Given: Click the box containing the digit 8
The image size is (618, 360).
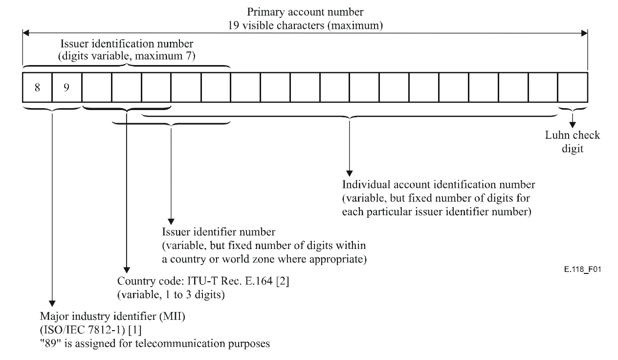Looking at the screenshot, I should tap(37, 87).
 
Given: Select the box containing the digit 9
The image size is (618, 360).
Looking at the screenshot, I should tap(67, 87).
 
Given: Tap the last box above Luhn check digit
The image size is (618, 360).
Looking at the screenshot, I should tap(573, 87).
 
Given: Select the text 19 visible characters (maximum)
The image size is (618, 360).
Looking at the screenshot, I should tap(305, 22).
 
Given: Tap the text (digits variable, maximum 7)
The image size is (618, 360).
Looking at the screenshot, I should tap(127, 56).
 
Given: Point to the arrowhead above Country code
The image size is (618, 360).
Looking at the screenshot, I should tap(127, 270).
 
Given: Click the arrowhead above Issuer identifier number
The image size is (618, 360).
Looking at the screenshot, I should tap(171, 218).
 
